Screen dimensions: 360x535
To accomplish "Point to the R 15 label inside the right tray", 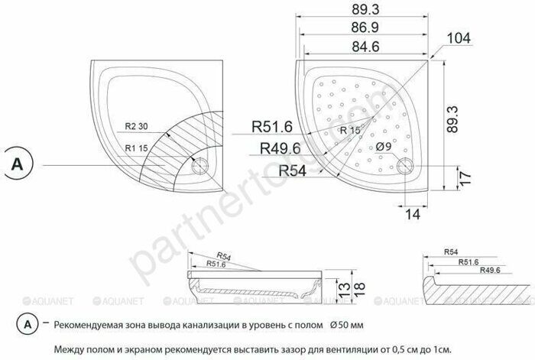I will tap(350, 131).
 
